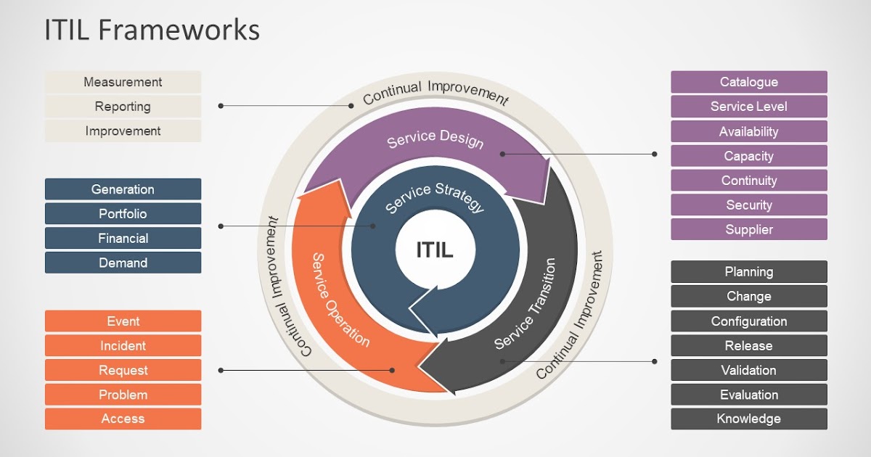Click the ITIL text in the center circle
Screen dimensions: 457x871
pos(435,250)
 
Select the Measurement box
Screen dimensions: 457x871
pos(123,82)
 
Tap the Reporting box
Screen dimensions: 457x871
pos(123,107)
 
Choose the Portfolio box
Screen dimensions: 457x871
pos(123,214)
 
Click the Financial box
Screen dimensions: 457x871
pos(123,238)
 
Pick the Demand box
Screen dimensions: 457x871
pos(123,263)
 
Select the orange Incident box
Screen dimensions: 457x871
pos(123,346)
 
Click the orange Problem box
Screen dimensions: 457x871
pos(123,395)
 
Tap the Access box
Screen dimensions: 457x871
pos(123,419)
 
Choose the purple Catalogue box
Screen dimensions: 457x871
pos(748,82)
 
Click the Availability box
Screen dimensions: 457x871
pos(748,131)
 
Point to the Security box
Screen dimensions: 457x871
pos(748,205)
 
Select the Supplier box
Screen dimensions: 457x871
pos(748,229)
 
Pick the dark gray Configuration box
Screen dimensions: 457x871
pos(748,321)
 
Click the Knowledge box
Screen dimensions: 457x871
pos(748,419)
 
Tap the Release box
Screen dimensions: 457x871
pos(748,346)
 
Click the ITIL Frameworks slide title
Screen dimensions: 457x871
pos(152,30)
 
